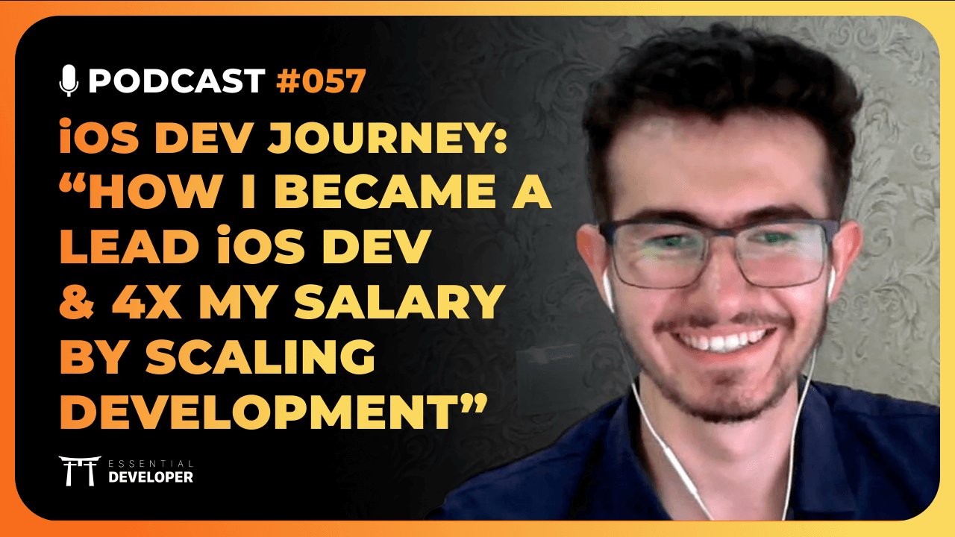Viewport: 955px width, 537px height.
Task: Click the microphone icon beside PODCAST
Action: [x=69, y=81]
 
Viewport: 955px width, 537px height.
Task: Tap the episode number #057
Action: [x=321, y=81]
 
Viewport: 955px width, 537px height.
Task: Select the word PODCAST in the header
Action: [x=176, y=81]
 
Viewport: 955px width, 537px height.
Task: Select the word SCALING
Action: [x=273, y=359]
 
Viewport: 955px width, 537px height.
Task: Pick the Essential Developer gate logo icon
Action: [x=79, y=471]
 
